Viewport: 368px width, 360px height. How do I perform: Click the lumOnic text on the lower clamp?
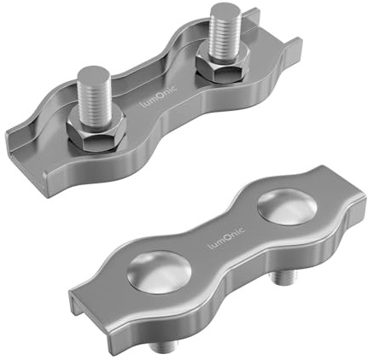click(225, 241)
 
